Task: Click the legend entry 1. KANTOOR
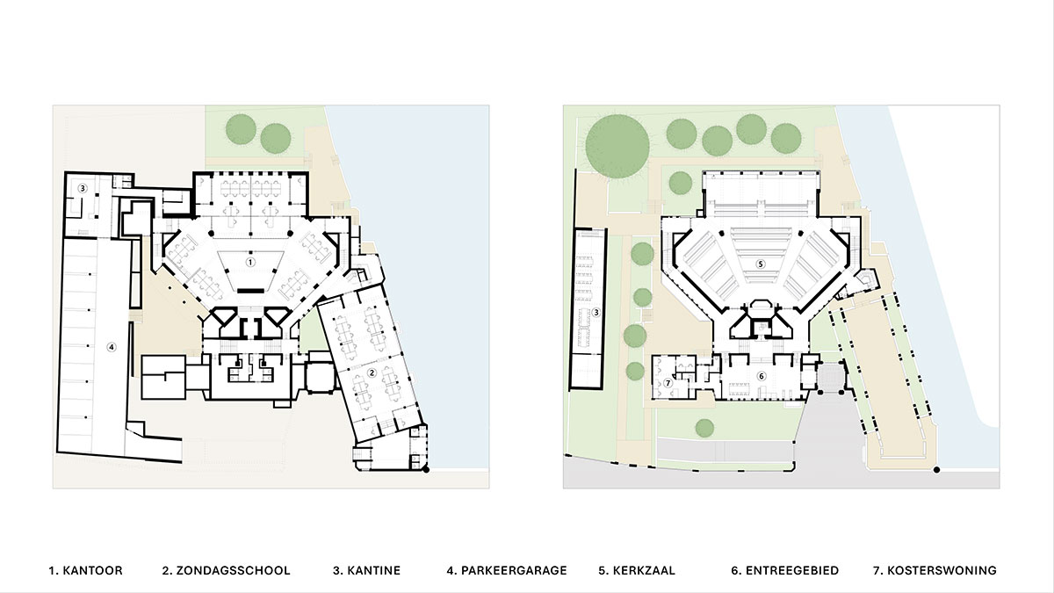click(86, 570)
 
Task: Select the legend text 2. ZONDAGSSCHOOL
click(227, 570)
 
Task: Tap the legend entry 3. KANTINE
click(366, 570)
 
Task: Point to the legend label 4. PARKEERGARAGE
click(507, 570)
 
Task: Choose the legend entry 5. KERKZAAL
click(637, 570)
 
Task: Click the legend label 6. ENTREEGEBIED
click(785, 570)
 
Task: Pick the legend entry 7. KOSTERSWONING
click(935, 570)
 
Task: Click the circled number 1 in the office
click(250, 262)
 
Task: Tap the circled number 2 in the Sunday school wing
click(372, 372)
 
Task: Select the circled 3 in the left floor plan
click(83, 188)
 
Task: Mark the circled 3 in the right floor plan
click(596, 312)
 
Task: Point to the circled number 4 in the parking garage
click(112, 347)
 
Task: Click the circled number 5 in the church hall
click(761, 264)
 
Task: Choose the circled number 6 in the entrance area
click(762, 376)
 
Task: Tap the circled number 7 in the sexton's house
click(668, 383)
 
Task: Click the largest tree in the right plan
click(617, 147)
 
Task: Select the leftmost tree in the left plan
click(241, 129)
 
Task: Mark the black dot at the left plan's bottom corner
click(426, 469)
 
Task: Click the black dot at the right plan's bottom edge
click(937, 470)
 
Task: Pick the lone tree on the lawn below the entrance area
click(704, 428)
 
